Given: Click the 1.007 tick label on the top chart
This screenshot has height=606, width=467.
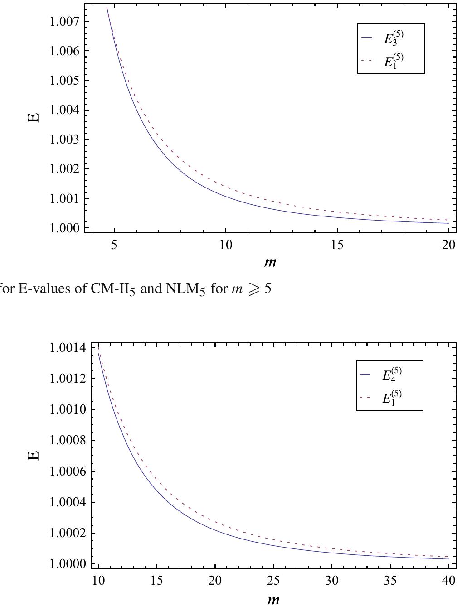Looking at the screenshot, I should click(x=64, y=21).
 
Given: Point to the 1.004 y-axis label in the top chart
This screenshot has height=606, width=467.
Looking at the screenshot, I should click(x=64, y=110).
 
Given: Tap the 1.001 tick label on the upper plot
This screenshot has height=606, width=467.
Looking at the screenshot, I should click(x=64, y=198).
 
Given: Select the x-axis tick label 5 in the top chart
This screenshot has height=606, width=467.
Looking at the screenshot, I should click(x=114, y=245).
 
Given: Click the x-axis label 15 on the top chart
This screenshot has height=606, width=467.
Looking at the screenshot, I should click(x=337, y=245).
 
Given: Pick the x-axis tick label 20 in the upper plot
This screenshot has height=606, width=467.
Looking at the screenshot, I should click(x=448, y=245).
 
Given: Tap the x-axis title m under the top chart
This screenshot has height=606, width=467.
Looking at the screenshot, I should click(x=271, y=261).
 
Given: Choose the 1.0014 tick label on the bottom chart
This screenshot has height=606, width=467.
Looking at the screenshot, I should click(x=67, y=348).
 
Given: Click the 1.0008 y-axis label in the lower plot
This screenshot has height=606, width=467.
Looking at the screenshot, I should click(x=67, y=440).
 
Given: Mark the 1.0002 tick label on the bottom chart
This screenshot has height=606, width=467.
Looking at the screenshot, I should click(x=67, y=533).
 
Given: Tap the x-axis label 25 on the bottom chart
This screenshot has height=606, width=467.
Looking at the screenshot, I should click(x=273, y=581).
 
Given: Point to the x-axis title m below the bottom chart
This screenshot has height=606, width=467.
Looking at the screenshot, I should click(x=272, y=599).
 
